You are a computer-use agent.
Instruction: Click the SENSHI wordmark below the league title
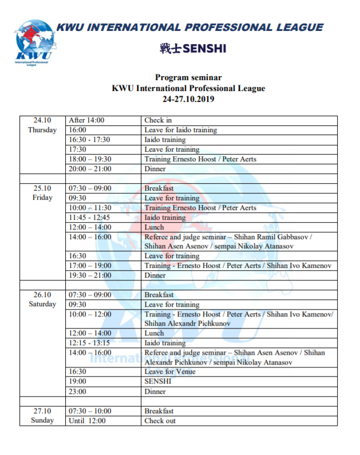click(x=193, y=49)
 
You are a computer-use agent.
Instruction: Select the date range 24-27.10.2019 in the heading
click(x=188, y=98)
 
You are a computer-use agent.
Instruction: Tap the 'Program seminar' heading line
click(x=188, y=77)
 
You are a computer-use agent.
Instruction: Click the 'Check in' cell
click(x=158, y=120)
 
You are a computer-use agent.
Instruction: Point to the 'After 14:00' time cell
click(x=86, y=120)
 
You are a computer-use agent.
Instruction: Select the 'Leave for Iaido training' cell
click(x=180, y=130)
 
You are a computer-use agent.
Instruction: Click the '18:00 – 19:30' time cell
click(x=90, y=159)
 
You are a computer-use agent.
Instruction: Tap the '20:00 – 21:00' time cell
click(x=90, y=169)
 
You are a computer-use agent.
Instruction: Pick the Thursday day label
click(x=42, y=130)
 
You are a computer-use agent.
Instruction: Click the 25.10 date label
click(x=42, y=188)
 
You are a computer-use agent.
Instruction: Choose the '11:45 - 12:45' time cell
click(x=89, y=217)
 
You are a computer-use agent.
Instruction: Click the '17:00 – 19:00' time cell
click(x=90, y=266)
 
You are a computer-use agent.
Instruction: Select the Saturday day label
click(x=42, y=304)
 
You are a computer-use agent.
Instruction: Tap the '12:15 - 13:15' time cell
click(x=89, y=343)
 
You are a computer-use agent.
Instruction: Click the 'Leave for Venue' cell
click(x=170, y=371)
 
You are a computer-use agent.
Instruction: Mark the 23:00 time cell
click(x=78, y=391)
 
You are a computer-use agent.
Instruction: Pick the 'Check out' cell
click(x=160, y=421)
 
